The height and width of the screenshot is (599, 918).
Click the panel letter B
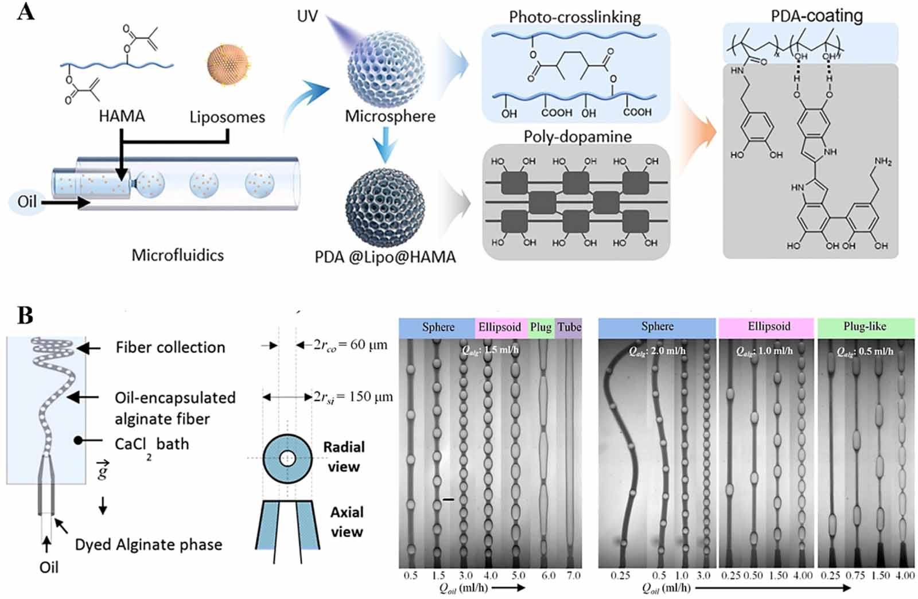[x=25, y=315]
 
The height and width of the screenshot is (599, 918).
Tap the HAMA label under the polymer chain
[x=122, y=116]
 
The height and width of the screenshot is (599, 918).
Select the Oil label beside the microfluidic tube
[x=26, y=202]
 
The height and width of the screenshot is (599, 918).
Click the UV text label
[x=307, y=16]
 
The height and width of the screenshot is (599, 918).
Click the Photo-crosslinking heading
[x=574, y=17]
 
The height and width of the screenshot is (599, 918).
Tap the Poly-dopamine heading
[x=577, y=137]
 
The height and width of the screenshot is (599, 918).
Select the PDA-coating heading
[x=816, y=15]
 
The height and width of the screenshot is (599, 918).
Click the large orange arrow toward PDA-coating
[x=698, y=132]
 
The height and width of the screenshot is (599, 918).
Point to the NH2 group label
[x=882, y=162]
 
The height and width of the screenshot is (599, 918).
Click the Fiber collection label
[x=170, y=348]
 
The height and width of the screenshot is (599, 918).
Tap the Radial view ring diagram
[x=287, y=458]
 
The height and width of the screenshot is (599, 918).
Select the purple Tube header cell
[x=569, y=328]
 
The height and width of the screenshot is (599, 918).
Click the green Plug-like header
[x=865, y=327]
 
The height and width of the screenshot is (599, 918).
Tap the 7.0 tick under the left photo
[x=573, y=575]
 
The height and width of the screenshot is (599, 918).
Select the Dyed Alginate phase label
[x=149, y=544]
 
